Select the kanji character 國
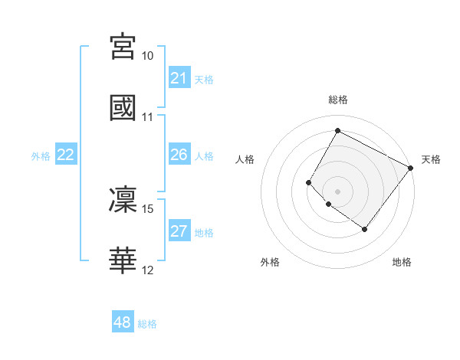coord(123,107)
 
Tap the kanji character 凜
coord(123,199)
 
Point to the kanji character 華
coord(123,260)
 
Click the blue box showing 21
coord(179,78)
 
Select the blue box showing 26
coord(179,155)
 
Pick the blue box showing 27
coord(179,232)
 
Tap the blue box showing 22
coord(66,155)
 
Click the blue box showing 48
coord(123,323)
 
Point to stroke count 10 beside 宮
coord(148,57)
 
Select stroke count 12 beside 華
coord(148,270)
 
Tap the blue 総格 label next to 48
coord(147,324)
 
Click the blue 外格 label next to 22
coord(41,156)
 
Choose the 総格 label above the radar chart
coord(338,100)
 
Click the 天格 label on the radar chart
coord(431,159)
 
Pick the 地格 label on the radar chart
coord(402,262)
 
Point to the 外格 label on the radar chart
coord(270,262)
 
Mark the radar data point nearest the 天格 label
coord(411,168)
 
